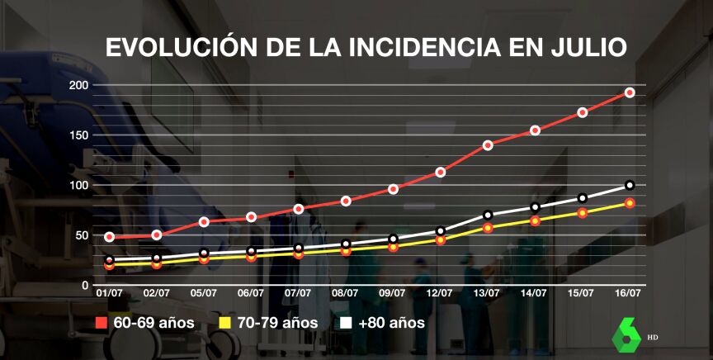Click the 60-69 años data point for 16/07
[629, 92]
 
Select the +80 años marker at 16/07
[630, 185]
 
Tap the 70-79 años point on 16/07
[630, 203]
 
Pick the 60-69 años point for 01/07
[110, 237]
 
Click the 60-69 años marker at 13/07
[488, 145]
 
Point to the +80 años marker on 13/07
[488, 216]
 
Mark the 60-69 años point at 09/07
[393, 189]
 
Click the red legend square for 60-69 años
[102, 323]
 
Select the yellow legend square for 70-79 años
[224, 323]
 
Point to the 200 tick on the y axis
[79, 85]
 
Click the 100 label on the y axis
[79, 185]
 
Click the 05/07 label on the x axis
[204, 292]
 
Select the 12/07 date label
[440, 292]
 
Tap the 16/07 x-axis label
[629, 292]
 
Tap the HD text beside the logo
[653, 338]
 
